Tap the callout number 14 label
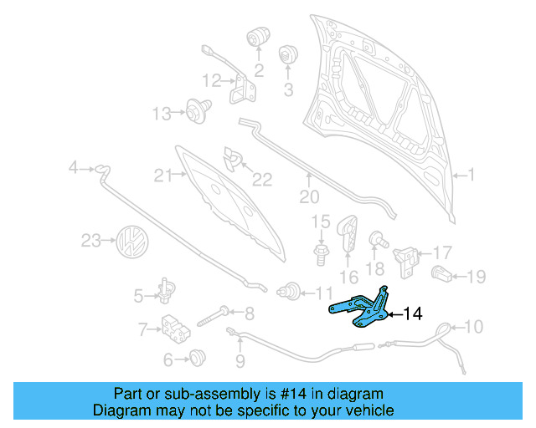[412, 314]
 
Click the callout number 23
[90, 242]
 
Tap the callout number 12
[210, 81]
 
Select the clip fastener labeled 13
[197, 111]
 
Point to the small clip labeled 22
[231, 157]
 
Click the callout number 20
[309, 197]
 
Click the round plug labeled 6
[197, 359]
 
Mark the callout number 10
[473, 327]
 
